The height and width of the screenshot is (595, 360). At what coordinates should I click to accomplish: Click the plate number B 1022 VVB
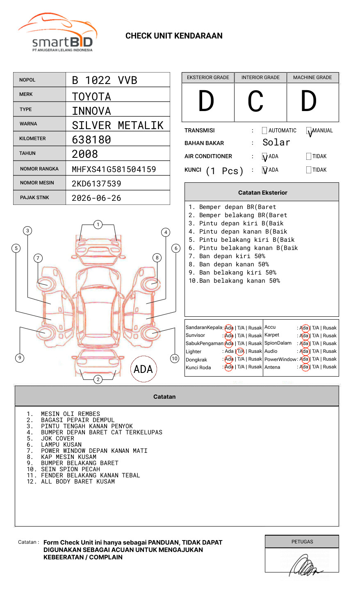click(x=105, y=80)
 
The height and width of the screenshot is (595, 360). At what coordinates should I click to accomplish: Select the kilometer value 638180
click(x=91, y=140)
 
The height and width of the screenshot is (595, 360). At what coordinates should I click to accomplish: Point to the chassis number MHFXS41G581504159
click(x=114, y=169)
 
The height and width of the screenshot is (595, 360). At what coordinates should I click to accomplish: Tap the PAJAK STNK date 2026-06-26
click(x=96, y=198)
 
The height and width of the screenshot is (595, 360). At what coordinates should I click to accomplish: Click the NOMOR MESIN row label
click(x=37, y=183)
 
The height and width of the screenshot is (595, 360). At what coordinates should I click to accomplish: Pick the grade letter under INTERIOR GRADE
click(x=256, y=102)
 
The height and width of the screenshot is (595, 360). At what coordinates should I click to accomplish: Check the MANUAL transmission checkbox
click(x=309, y=131)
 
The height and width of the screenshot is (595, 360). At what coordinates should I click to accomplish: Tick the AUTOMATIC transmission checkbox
click(x=264, y=131)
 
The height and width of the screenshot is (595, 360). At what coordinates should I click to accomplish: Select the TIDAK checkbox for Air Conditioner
click(x=309, y=156)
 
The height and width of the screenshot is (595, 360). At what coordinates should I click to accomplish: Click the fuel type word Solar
click(x=276, y=143)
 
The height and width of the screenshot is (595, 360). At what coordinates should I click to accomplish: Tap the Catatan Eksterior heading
click(x=262, y=193)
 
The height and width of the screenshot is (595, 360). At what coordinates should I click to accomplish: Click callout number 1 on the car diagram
click(x=98, y=224)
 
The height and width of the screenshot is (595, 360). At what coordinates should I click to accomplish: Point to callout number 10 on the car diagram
click(x=175, y=359)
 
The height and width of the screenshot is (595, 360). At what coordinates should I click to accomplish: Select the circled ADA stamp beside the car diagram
click(x=143, y=369)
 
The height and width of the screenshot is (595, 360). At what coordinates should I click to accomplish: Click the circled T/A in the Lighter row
click(x=240, y=351)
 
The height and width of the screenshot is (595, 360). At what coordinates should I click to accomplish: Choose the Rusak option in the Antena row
click(x=330, y=367)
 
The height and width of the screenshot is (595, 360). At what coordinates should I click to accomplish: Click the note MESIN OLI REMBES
click(x=71, y=414)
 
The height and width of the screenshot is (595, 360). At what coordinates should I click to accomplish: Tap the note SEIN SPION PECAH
click(x=71, y=469)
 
